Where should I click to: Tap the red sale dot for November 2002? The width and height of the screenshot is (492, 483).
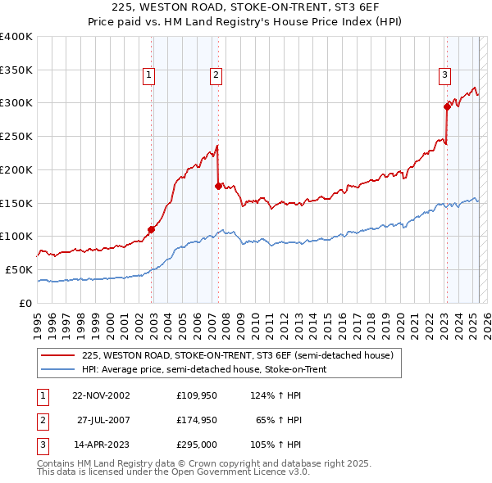[152, 229]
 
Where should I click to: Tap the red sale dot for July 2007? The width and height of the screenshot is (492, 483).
[218, 186]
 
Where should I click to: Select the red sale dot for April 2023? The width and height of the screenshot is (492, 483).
[447, 106]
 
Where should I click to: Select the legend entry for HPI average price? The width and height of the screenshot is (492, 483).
[204, 369]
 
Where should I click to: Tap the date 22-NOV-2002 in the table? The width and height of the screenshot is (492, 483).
[102, 395]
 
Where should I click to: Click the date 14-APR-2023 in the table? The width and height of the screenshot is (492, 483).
[102, 445]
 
